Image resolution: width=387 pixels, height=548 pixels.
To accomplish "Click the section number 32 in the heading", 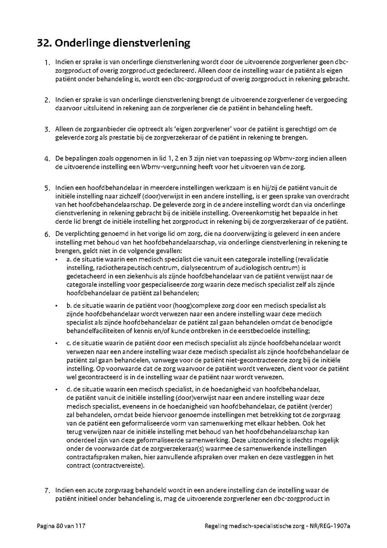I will [x=44, y=43].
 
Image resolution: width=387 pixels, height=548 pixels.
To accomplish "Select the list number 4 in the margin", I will [x=47, y=159].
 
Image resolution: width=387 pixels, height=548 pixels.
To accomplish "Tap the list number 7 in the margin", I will [x=47, y=490].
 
